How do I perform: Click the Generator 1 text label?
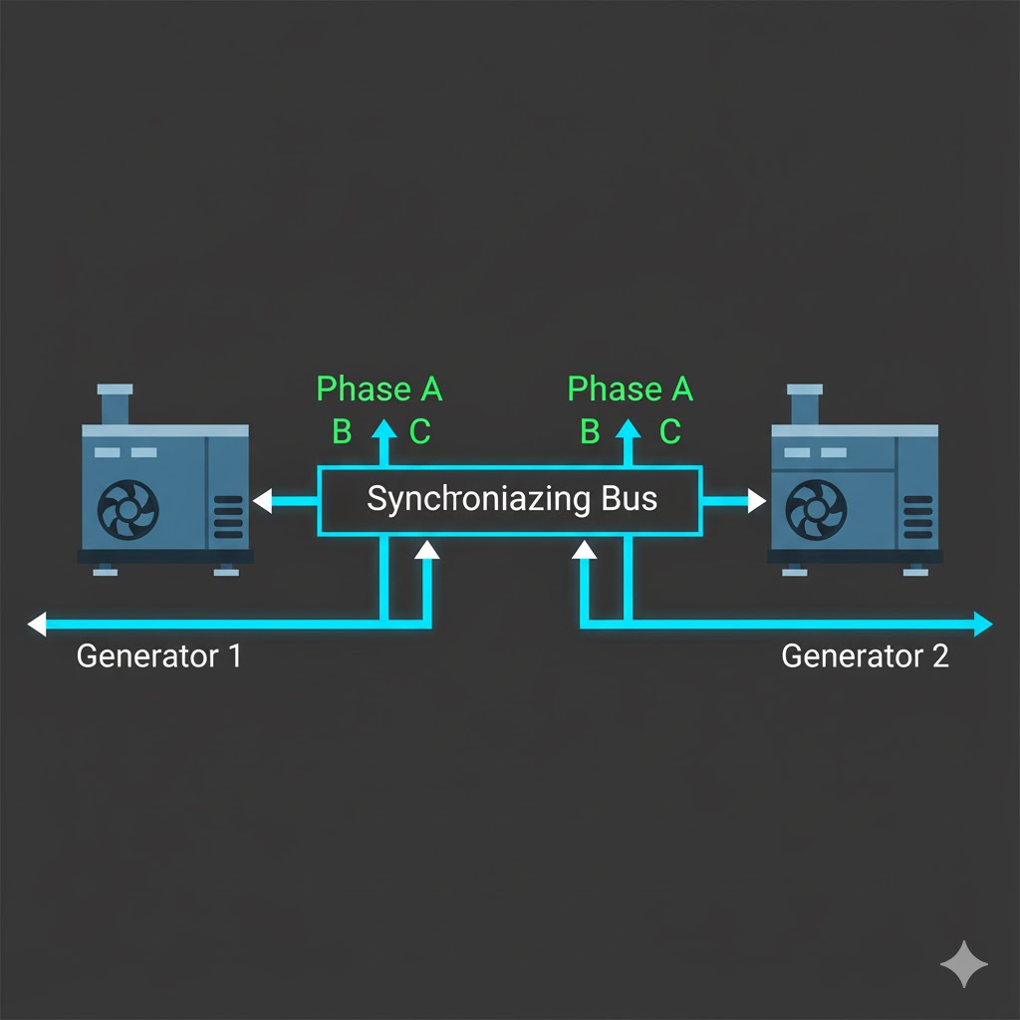coord(158,656)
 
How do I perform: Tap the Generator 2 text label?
coord(865,656)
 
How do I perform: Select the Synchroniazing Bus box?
coord(509,499)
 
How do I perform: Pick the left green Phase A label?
coord(380,388)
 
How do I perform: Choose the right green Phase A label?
coord(630,388)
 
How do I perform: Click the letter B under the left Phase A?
coord(342,431)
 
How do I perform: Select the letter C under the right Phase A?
coord(670,431)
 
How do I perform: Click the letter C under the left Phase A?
coord(419,431)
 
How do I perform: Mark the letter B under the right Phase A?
coord(590,431)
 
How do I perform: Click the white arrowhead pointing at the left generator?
coord(262,500)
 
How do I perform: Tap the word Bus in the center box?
coord(629,498)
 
